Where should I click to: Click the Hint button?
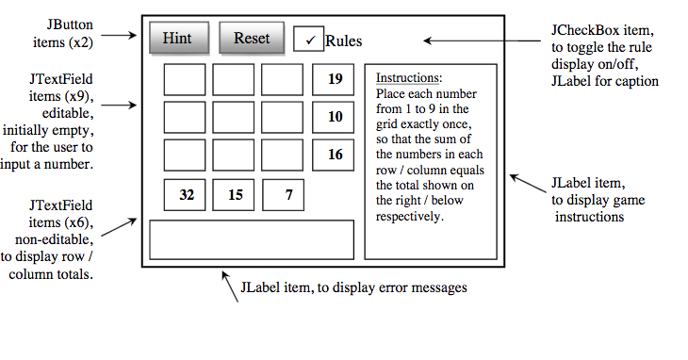point(178,38)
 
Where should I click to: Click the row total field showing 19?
point(334,79)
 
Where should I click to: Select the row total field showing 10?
point(334,117)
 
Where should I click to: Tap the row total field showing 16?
point(334,155)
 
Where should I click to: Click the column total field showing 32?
point(186,195)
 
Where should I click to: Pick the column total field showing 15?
point(235,195)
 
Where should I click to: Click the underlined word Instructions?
point(407,78)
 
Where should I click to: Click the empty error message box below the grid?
point(252,239)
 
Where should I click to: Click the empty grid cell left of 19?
point(282,79)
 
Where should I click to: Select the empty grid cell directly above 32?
point(185,155)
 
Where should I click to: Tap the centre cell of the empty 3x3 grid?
point(233,117)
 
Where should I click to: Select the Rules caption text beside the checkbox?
point(343,41)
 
